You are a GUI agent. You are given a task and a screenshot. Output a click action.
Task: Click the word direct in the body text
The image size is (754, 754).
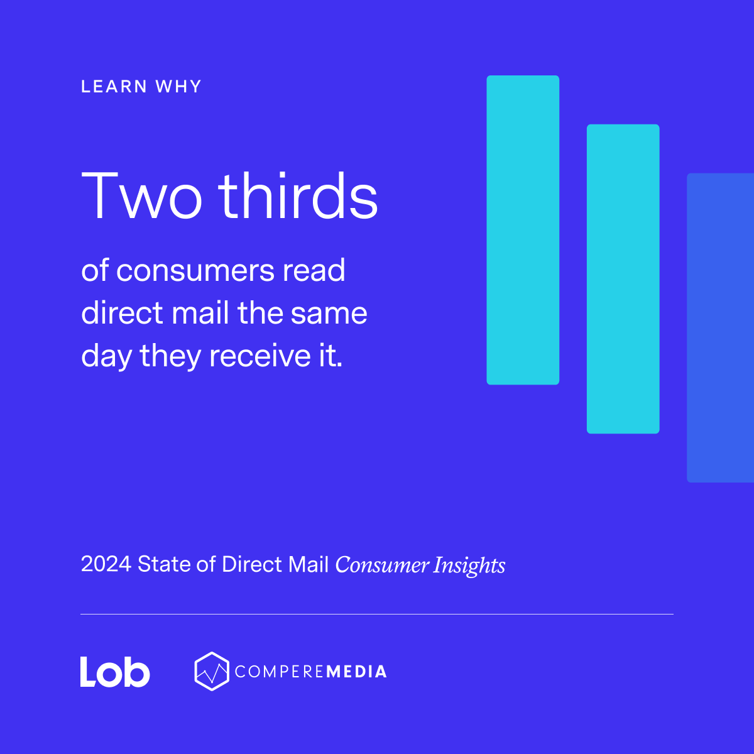122,313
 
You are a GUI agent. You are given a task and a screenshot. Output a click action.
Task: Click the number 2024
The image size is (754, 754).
106,564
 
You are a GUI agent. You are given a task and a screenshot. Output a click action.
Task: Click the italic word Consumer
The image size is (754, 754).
381,565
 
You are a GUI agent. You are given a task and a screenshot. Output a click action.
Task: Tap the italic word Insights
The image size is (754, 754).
469,565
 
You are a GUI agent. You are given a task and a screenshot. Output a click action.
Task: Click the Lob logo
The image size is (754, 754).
115,672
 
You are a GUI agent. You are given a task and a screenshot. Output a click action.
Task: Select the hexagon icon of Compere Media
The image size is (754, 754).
212,671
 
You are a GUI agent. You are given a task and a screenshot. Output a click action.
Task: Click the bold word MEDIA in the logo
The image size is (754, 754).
356,672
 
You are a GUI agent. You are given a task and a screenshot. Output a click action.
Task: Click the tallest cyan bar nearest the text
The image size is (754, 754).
523,230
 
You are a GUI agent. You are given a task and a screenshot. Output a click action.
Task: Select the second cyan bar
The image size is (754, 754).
623,279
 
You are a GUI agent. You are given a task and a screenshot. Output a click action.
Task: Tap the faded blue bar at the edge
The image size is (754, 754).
721,327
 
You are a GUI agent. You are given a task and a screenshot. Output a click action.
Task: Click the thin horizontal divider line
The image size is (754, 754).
377,614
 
